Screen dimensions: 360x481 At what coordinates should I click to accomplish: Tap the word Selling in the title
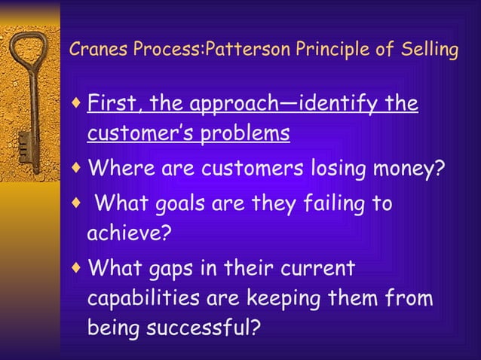430,50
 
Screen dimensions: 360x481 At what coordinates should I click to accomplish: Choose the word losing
334,166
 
